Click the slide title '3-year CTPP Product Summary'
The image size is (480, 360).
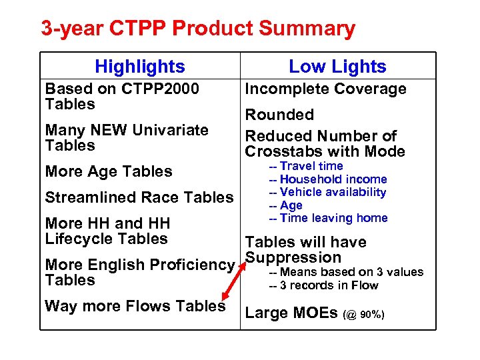[x=198, y=29]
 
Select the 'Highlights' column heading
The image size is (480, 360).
[x=140, y=67]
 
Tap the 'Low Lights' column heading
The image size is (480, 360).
[x=337, y=67]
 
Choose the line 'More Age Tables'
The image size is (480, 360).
[x=109, y=171]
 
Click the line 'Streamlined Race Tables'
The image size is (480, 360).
[x=139, y=197]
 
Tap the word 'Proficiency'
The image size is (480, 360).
[x=193, y=265]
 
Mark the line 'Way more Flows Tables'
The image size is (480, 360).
[x=135, y=306]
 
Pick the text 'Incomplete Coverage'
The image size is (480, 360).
[x=326, y=89]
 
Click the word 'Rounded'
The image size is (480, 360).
[x=279, y=115]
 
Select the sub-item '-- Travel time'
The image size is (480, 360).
[x=306, y=166]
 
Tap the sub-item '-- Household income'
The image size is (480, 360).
[x=327, y=179]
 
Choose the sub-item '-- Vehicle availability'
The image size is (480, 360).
[x=327, y=192]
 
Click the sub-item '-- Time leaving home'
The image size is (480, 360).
[x=328, y=218]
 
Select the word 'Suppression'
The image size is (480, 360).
[x=293, y=257]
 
